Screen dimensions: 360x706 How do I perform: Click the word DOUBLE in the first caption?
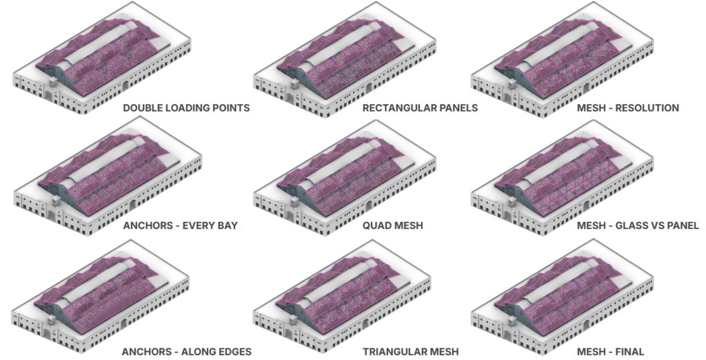[x=142, y=108]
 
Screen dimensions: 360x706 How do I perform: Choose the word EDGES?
[x=232, y=352]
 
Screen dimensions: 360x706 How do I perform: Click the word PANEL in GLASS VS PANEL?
[x=681, y=226]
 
